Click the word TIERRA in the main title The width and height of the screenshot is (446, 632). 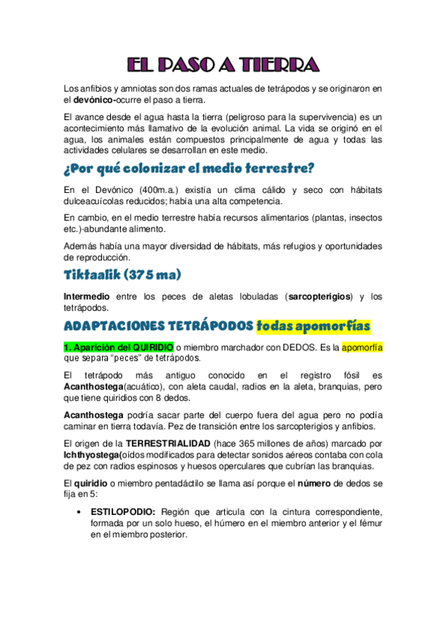[281, 66]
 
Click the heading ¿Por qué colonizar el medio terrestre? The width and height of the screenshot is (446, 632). [190, 166]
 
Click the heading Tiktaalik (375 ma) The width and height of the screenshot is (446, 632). [123, 275]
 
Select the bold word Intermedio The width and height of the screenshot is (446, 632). [86, 297]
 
